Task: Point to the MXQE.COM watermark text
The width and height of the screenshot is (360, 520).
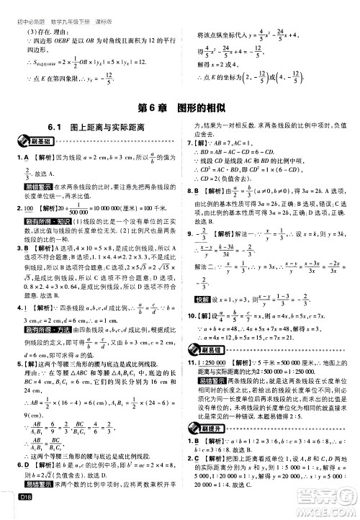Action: pos(328,508)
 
